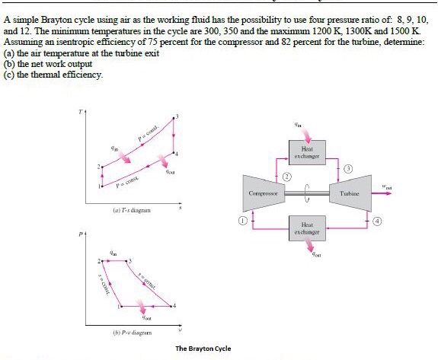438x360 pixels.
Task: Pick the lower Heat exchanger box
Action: click(x=306, y=228)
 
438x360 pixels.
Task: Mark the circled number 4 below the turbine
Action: click(x=376, y=221)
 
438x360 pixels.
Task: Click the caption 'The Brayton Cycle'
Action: click(x=203, y=349)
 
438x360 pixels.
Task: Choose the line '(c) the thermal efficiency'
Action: click(x=53, y=74)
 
